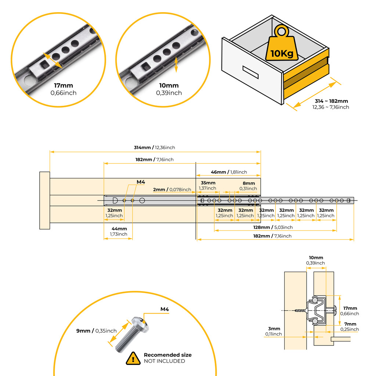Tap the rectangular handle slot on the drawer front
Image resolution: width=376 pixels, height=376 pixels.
[250, 72]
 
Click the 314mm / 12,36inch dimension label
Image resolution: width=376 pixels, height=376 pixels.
[154, 148]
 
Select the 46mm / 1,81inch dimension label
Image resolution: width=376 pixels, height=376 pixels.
[229, 172]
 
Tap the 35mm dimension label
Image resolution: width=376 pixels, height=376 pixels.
[208, 183]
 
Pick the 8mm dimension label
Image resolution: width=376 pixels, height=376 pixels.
[249, 183]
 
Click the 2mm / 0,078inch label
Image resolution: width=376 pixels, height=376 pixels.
[172, 189]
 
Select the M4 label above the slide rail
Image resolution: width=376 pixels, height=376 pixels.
[141, 182]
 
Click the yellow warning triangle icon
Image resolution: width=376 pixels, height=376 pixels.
[133, 358]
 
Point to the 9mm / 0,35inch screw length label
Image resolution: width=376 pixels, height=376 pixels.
[96, 331]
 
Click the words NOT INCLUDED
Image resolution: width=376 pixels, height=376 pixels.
[164, 361]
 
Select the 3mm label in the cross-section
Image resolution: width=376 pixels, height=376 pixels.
[274, 329]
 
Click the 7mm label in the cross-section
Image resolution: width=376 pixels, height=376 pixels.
[350, 324]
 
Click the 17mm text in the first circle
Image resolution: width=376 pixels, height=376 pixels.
[64, 86]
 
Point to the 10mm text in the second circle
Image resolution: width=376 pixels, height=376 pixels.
[169, 86]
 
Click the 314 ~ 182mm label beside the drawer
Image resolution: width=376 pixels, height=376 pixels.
[331, 101]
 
